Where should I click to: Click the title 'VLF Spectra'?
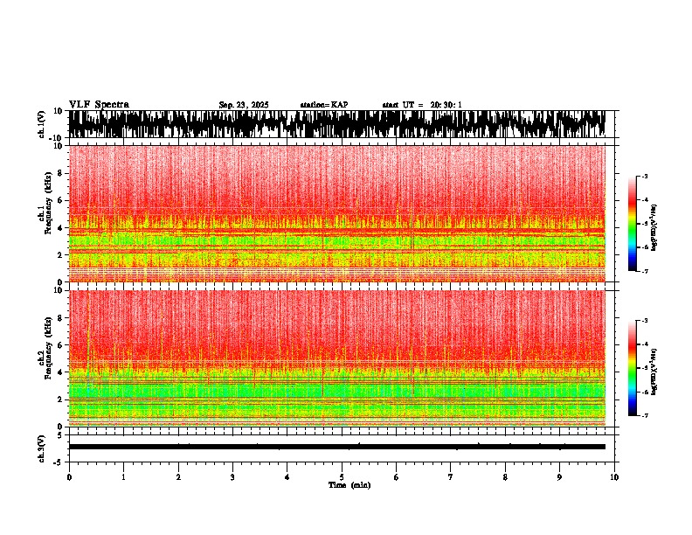(99, 104)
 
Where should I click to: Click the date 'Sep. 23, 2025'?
(244, 105)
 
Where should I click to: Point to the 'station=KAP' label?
(323, 105)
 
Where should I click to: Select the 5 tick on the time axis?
(342, 477)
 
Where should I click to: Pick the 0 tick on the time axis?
(69, 477)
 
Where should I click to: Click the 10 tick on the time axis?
(614, 477)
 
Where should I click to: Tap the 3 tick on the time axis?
(232, 477)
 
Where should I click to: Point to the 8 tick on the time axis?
(505, 477)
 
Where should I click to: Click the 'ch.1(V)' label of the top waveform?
(41, 124)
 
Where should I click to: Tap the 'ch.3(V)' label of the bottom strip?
(41, 447)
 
